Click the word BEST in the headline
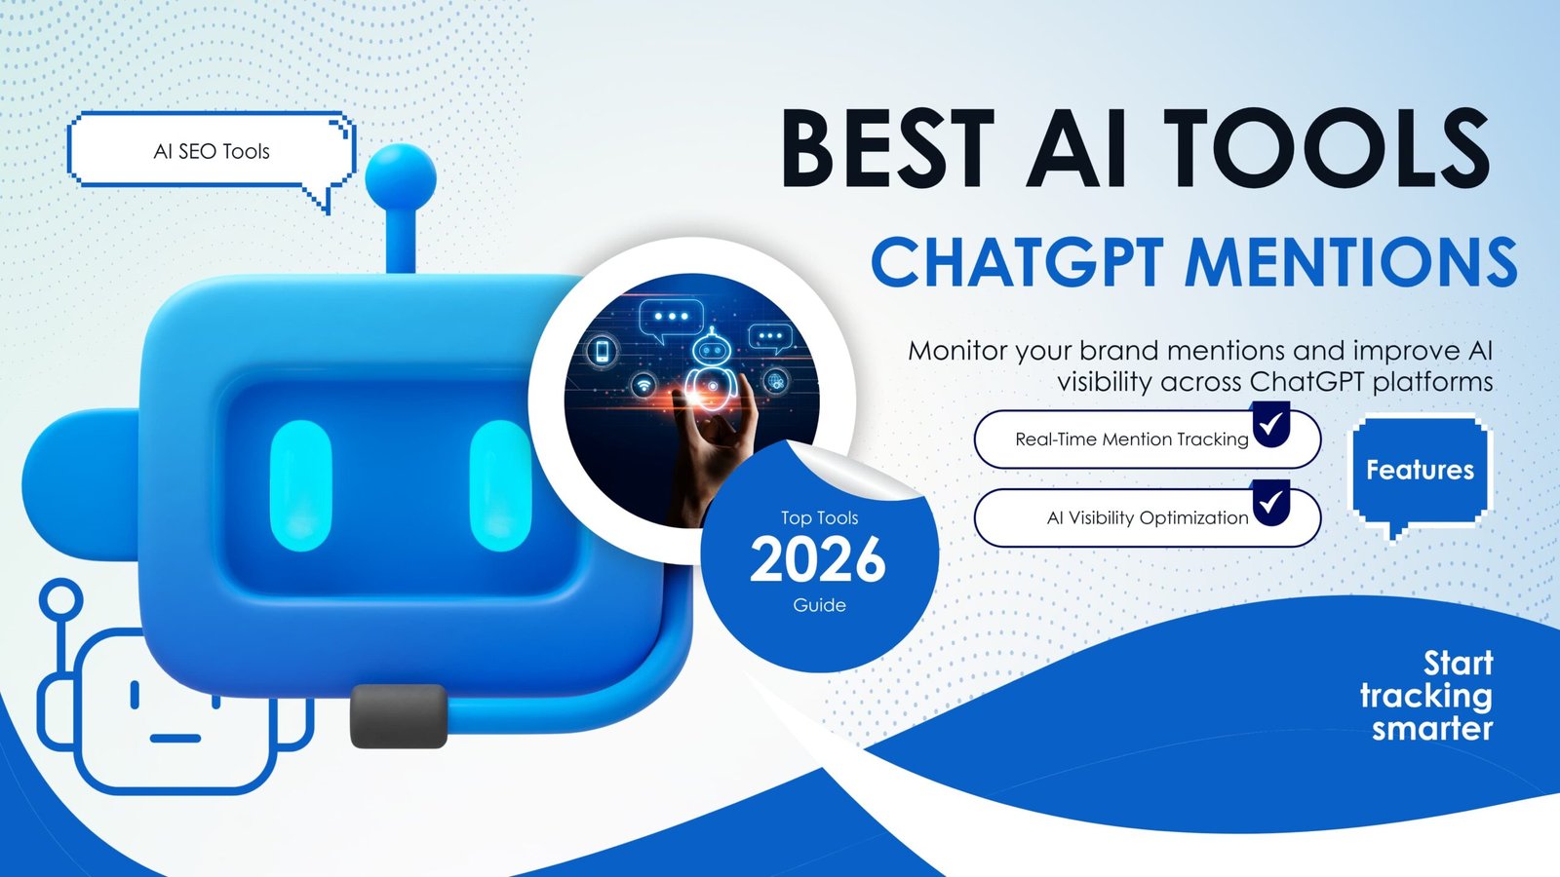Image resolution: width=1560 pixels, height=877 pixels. click(x=887, y=148)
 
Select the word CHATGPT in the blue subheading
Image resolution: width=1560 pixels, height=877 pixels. click(x=1018, y=262)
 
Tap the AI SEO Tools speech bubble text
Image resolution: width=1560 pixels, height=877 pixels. click(x=211, y=152)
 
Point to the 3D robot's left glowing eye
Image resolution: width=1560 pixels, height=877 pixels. click(x=300, y=485)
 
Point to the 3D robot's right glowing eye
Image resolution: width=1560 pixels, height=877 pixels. click(x=500, y=485)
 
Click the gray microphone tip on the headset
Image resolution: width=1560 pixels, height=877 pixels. click(x=399, y=716)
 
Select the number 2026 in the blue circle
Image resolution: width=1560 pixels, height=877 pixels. click(x=818, y=559)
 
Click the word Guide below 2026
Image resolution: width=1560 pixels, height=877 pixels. click(x=819, y=605)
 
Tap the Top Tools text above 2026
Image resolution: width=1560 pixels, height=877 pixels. click(x=819, y=517)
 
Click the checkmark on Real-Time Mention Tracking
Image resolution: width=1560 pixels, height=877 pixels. click(x=1271, y=423)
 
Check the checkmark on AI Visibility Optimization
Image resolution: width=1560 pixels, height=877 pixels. click(x=1271, y=501)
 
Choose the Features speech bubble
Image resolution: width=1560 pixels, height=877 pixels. click(x=1420, y=471)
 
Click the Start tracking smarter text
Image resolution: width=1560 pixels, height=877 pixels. click(x=1426, y=696)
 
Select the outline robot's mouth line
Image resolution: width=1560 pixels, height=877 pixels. click(x=175, y=738)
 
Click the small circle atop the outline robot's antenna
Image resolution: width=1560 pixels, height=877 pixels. click(x=60, y=599)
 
